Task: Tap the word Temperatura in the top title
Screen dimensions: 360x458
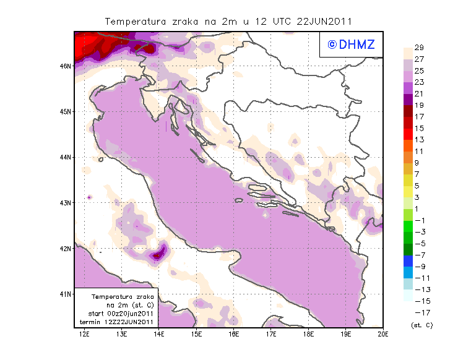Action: pyautogui.click(x=135, y=21)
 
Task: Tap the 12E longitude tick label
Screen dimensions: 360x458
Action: pyautogui.click(x=85, y=335)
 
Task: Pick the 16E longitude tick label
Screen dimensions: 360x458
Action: pyautogui.click(x=234, y=335)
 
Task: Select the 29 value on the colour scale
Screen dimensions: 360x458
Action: pyautogui.click(x=419, y=47)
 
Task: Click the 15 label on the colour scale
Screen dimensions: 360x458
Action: pyautogui.click(x=419, y=128)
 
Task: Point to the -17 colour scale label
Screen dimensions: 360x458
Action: pyautogui.click(x=419, y=312)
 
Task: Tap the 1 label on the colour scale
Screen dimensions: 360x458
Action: pyautogui.click(x=419, y=208)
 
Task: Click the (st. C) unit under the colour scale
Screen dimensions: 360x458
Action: pyautogui.click(x=421, y=325)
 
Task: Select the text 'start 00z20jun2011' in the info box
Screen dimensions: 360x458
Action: pyautogui.click(x=116, y=314)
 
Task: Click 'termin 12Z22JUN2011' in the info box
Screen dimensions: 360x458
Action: pyautogui.click(x=116, y=322)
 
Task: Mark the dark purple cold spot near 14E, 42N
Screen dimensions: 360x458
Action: pyautogui.click(x=158, y=254)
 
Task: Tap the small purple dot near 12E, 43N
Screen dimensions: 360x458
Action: pyautogui.click(x=90, y=197)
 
